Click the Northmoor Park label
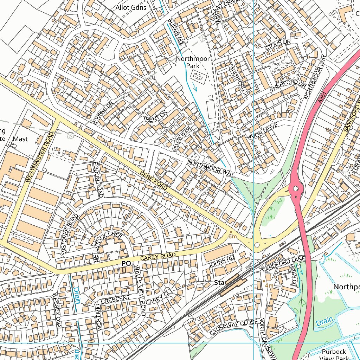click(x=192, y=62)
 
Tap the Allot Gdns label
click(x=131, y=7)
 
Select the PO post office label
click(x=126, y=263)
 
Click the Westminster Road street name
click(x=39, y=157)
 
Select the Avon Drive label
click(x=263, y=131)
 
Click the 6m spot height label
click(x=232, y=237)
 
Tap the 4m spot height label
click(x=269, y=286)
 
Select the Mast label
click(x=20, y=139)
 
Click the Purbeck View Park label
click(x=334, y=354)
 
